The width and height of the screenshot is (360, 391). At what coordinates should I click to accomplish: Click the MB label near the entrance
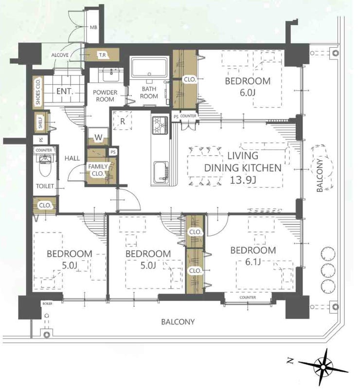point(93,27)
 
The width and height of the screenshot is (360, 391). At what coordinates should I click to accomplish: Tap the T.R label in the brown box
point(102,55)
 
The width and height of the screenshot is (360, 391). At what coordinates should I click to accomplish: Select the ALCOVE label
point(60,55)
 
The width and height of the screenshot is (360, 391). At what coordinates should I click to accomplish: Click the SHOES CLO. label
point(38,92)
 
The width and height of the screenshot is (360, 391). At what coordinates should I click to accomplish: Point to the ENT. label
point(65,91)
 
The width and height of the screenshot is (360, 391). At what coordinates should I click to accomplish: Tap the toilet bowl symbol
point(45,165)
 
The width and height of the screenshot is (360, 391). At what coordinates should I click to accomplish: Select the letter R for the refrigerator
point(123,122)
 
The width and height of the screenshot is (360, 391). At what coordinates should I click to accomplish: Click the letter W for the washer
point(98,138)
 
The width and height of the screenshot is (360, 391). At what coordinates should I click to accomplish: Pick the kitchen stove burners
point(160,125)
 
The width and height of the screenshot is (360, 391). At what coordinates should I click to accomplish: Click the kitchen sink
point(161,173)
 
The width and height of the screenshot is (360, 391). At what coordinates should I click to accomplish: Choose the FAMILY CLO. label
point(98,170)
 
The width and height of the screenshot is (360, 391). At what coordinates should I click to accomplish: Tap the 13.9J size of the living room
point(243,180)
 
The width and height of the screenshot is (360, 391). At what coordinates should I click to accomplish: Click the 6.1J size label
point(253,262)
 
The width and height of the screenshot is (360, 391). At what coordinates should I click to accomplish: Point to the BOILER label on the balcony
point(47,303)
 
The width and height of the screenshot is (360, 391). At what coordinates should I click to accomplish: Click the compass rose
point(323,367)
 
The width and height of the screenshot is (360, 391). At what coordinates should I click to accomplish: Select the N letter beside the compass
point(289,361)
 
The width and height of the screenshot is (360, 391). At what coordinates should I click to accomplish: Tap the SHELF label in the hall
point(41,123)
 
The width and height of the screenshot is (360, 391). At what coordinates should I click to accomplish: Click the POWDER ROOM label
point(105,96)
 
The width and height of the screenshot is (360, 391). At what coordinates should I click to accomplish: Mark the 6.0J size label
point(248,93)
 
